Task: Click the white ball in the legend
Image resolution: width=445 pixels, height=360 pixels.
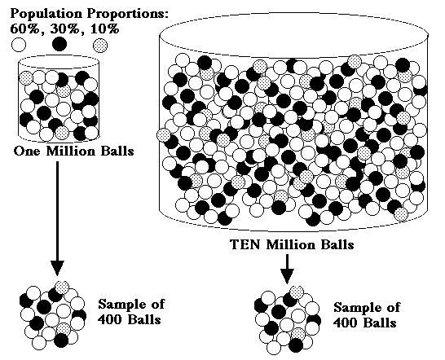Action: point(19,45)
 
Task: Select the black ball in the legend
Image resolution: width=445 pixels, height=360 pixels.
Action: point(59,44)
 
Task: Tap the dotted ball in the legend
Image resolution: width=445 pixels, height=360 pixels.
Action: point(100,45)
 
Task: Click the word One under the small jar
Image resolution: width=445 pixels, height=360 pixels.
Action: point(28,151)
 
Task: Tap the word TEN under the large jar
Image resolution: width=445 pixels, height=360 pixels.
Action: point(245,244)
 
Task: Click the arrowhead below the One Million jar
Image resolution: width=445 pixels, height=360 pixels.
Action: point(57,267)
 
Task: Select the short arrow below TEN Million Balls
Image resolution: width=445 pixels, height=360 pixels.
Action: point(287,269)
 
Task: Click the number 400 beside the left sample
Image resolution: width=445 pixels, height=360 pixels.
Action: point(109,320)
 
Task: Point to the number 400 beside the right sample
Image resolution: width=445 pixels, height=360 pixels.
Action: point(345,323)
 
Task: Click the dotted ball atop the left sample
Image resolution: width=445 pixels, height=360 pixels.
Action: point(62,288)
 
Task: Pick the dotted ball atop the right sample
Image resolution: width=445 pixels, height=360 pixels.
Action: point(297,292)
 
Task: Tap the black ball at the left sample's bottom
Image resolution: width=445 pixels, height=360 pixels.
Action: point(61,340)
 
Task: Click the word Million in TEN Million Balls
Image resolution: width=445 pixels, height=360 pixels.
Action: point(291,244)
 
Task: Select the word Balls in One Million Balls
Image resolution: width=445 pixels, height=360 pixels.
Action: point(117,151)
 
